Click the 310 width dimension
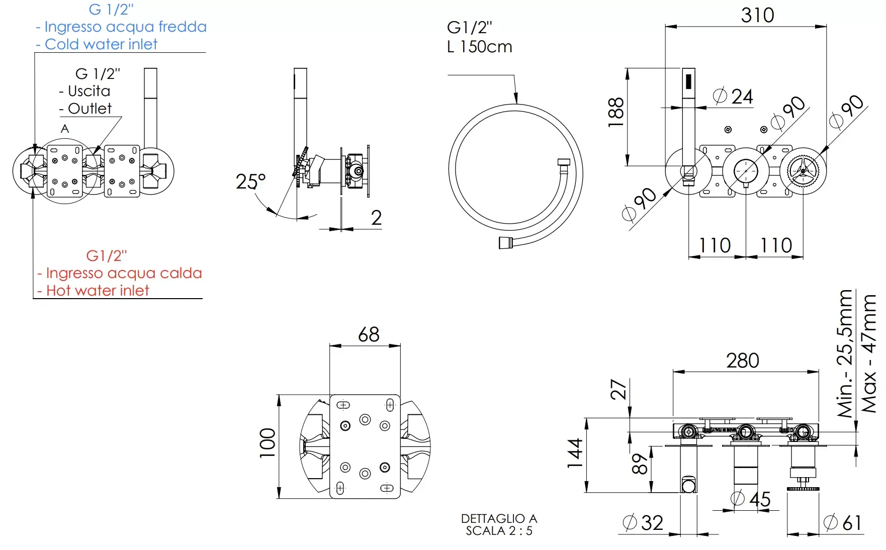[757, 15]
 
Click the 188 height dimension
[616, 112]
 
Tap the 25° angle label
[250, 181]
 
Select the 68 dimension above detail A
[369, 334]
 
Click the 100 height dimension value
[268, 443]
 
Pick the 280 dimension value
[742, 360]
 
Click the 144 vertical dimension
[575, 453]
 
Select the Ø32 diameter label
[643, 523]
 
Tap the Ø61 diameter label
[843, 523]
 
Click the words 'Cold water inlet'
[101, 44]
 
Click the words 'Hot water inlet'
[98, 291]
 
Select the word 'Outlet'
[90, 109]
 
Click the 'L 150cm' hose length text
[480, 47]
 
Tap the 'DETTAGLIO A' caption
[499, 518]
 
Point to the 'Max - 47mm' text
[869, 353]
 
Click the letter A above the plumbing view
[65, 129]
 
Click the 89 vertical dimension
[640, 464]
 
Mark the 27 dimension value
[619, 390]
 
